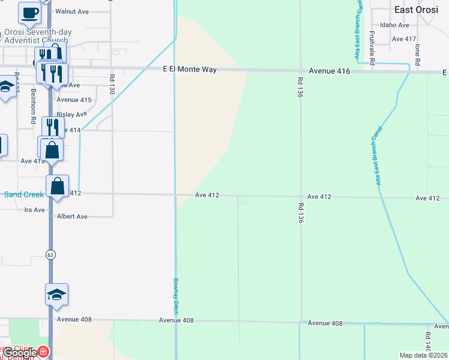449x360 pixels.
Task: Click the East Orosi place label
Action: pyautogui.click(x=420, y=10)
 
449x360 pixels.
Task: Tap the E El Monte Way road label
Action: pyautogui.click(x=190, y=70)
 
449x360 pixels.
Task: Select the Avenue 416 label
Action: pyautogui.click(x=330, y=71)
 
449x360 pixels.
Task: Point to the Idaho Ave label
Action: pyautogui.click(x=394, y=25)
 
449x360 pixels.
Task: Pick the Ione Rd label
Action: pyautogui.click(x=417, y=54)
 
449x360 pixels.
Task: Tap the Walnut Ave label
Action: pyautogui.click(x=71, y=11)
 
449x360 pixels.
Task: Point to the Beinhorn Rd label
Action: pyautogui.click(x=34, y=107)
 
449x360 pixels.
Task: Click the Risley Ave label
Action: pyautogui.click(x=71, y=114)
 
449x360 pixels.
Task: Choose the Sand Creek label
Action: pyautogui.click(x=24, y=194)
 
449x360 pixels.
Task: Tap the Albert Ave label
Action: pyautogui.click(x=72, y=217)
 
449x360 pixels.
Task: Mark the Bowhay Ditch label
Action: pyautogui.click(x=176, y=296)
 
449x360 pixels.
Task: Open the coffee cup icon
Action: pyautogui.click(x=29, y=12)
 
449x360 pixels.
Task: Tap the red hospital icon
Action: pyautogui.click(x=43, y=352)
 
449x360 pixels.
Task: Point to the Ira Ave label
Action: pyautogui.click(x=34, y=210)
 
